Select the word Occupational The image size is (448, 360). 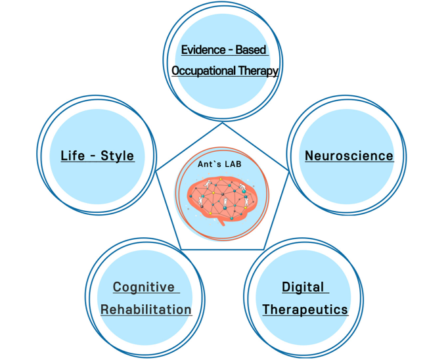click(204, 70)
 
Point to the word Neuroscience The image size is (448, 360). click(349, 156)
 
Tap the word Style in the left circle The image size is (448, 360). click(118, 156)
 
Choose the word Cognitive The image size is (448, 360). click(144, 287)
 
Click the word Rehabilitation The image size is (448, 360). click(146, 309)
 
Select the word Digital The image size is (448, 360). click(303, 287)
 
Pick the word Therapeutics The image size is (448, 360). click(305, 309)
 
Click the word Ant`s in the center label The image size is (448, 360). click(210, 164)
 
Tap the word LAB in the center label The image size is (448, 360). click(233, 164)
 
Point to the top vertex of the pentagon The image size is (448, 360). click(223, 121)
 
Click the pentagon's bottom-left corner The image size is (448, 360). click(181, 248)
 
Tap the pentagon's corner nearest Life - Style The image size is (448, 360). click(156, 171)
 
